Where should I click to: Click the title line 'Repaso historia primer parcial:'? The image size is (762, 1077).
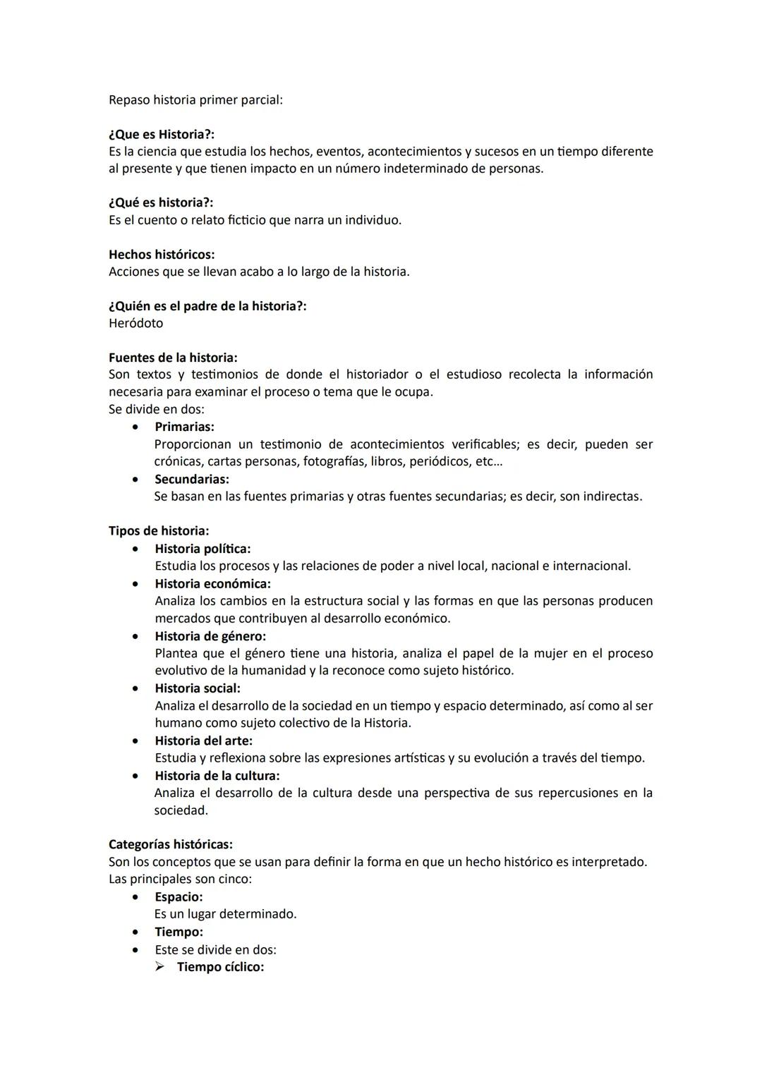(195, 100)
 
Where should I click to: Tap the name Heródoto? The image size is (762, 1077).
(135, 324)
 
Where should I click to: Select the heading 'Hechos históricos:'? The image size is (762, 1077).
(162, 255)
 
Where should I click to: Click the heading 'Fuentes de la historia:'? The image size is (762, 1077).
(173, 358)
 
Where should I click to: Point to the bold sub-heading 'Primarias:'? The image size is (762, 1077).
(184, 427)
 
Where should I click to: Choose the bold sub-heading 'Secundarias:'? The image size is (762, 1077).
(191, 480)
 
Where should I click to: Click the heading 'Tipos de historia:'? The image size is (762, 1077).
(159, 531)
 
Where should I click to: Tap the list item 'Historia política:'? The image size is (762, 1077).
(202, 549)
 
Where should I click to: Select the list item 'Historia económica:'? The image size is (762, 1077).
(212, 584)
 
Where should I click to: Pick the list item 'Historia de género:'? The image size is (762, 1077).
(210, 636)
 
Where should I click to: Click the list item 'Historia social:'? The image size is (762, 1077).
(198, 688)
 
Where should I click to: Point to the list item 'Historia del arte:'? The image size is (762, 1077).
(203, 741)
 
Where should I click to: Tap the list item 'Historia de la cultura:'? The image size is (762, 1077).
(217, 776)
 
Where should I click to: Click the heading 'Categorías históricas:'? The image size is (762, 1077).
(171, 844)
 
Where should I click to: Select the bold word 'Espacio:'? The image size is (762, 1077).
(179, 897)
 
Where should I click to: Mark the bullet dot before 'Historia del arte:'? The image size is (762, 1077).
(135, 741)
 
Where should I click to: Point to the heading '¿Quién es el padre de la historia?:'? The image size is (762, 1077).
(207, 307)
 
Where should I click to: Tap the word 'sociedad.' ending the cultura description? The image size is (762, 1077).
(181, 810)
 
